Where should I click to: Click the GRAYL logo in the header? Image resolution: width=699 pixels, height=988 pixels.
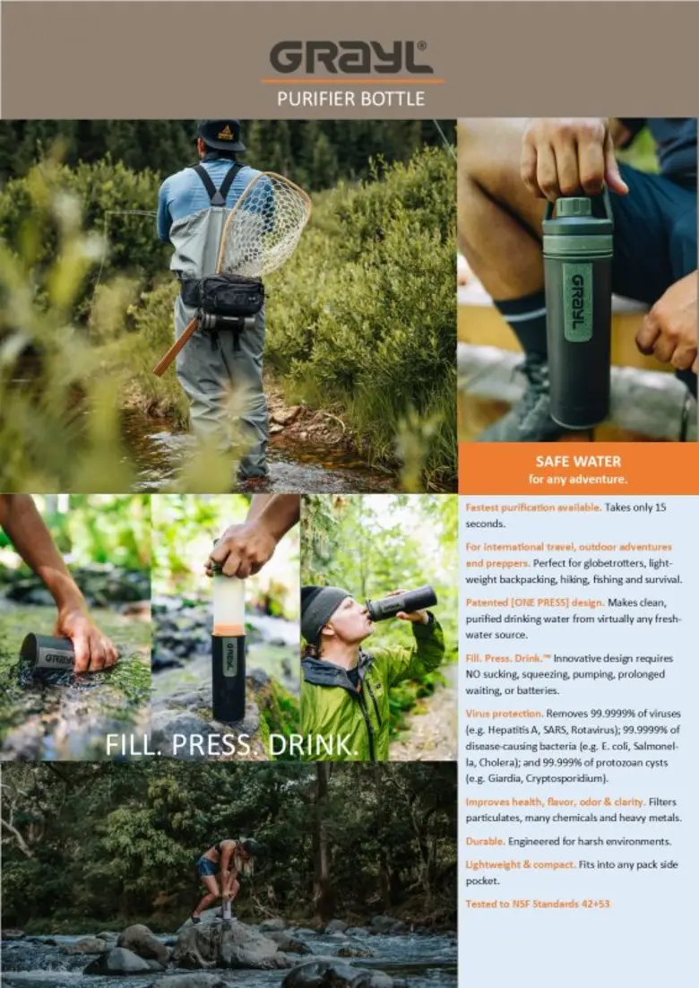[350, 57]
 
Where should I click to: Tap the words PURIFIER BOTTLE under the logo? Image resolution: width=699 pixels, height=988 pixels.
[350, 99]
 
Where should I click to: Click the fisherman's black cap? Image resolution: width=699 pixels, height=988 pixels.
[220, 135]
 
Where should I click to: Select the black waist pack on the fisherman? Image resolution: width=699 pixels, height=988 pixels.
[222, 295]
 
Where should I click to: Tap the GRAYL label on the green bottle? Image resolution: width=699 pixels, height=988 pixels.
[577, 302]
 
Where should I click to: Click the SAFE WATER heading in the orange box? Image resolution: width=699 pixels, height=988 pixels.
[578, 461]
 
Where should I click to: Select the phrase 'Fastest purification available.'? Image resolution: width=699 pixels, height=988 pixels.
[533, 507]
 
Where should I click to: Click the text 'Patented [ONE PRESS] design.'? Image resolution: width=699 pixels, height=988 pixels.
[535, 602]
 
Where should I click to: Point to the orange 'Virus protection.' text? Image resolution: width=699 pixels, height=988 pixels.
[505, 714]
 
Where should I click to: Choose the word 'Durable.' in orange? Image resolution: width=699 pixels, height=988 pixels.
[485, 841]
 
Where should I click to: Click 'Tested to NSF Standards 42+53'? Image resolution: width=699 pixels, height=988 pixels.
[538, 904]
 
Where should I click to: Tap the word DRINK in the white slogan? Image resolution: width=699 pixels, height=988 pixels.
[313, 745]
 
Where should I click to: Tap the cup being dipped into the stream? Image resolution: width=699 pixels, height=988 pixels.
[47, 652]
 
